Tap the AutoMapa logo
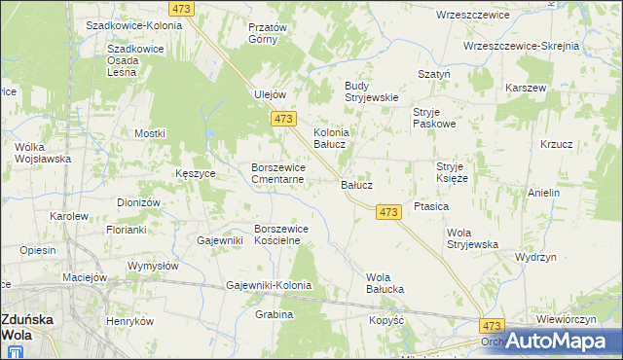point(554,342)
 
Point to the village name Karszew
point(527,88)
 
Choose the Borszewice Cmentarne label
point(278,172)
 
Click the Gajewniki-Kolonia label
point(269,285)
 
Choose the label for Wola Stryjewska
point(472,238)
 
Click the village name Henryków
point(130,321)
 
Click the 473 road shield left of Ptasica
point(388,211)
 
